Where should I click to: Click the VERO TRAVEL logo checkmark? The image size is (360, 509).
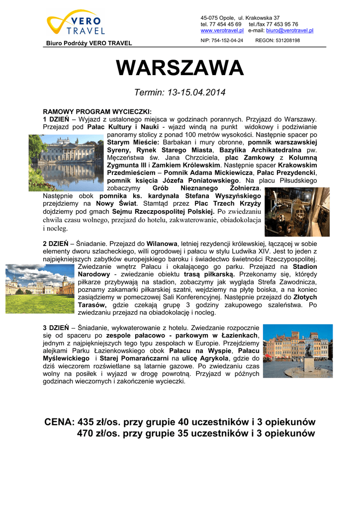(x=59, y=25)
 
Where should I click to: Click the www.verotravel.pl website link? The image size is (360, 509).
(x=222, y=30)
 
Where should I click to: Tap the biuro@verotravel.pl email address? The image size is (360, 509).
(x=290, y=30)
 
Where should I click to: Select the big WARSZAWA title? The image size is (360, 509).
(x=180, y=68)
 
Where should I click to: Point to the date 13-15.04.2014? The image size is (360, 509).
(x=195, y=92)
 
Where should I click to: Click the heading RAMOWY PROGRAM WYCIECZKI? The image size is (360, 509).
(x=97, y=111)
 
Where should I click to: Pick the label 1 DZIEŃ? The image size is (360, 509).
(x=56, y=119)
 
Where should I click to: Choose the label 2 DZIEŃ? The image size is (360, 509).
(x=56, y=244)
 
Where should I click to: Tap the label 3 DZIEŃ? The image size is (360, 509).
(x=56, y=328)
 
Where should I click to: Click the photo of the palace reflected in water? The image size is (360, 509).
(x=67, y=163)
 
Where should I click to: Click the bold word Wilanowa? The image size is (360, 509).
(x=162, y=244)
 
